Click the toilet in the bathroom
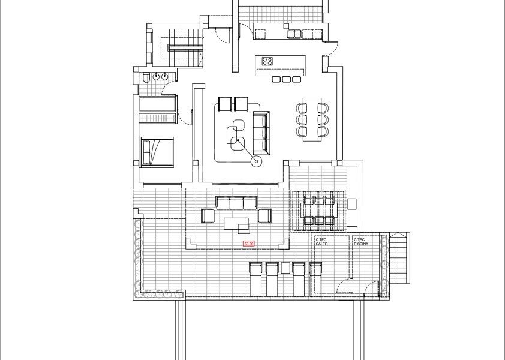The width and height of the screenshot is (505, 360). point(146,77)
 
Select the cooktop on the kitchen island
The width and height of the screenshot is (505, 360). point(267,61)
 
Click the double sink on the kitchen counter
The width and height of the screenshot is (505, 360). point(294,34)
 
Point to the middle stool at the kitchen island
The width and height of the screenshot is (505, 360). point(285,79)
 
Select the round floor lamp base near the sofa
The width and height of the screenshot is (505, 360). point(257,160)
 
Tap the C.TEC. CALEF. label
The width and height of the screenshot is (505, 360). point(322,242)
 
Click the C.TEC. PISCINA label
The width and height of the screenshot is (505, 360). point(362,242)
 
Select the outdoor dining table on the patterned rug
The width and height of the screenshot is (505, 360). point(318,211)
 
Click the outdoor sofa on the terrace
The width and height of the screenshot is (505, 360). point(236,202)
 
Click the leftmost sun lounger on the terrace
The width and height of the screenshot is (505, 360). point(256,279)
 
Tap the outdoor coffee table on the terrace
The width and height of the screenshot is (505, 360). point(237,223)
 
